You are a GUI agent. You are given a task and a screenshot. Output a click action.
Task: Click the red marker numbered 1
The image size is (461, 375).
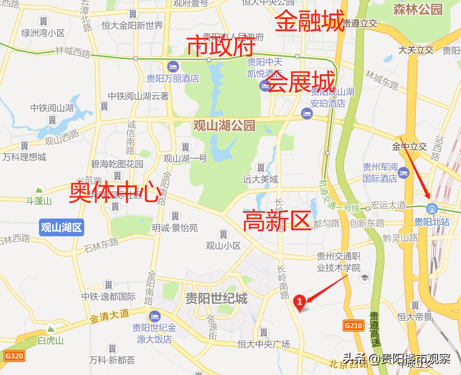tap(300, 302)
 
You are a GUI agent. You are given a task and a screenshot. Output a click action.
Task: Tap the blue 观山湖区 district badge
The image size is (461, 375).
tap(61, 227)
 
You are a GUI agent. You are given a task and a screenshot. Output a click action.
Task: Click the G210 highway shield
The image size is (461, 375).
tap(353, 325)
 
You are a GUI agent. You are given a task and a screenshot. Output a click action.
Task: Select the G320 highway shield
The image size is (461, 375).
tap(15, 356)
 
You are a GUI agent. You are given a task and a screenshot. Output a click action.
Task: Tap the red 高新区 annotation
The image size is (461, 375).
tap(277, 220)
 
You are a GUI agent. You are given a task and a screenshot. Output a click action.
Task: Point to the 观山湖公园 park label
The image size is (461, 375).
tap(224, 126)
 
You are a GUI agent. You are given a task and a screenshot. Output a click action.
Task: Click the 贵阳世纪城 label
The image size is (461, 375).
tap(216, 298)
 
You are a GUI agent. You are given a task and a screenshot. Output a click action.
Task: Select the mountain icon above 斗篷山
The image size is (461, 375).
tap(39, 190)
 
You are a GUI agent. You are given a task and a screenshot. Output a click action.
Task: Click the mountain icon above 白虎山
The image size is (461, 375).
tap(50, 328)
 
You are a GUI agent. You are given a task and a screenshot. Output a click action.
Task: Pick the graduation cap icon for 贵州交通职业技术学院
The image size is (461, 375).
tap(364, 277)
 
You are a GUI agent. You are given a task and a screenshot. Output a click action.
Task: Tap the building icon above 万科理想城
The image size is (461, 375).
tap(24, 146)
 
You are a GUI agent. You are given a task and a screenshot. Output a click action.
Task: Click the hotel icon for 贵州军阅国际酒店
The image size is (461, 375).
tap(404, 172)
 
